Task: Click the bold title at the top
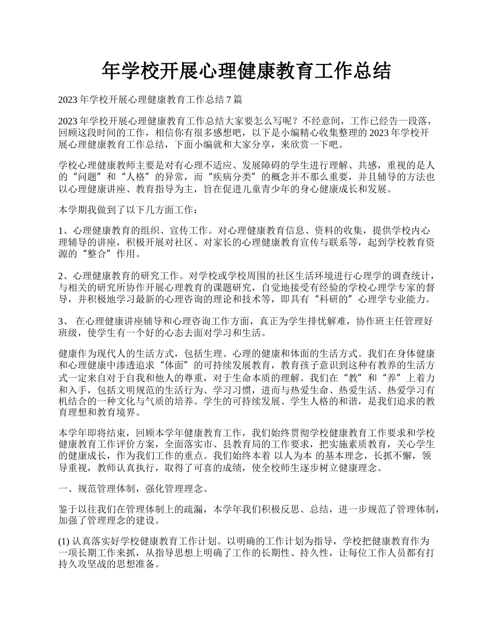click(246, 71)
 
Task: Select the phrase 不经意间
click(322, 121)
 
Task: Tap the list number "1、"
click(64, 232)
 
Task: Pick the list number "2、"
click(64, 275)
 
